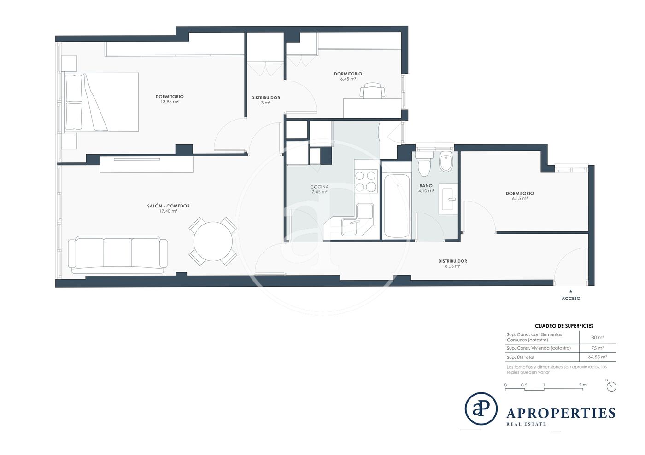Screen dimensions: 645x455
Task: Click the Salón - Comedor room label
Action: click(x=168, y=206)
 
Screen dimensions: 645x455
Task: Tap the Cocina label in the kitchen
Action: click(x=319, y=187)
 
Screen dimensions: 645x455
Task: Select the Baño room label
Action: click(x=426, y=186)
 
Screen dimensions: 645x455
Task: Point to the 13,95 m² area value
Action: click(x=170, y=102)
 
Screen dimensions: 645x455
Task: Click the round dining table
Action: click(x=213, y=242)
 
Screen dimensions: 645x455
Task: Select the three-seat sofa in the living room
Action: click(x=117, y=255)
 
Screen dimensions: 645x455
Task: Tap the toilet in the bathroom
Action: click(x=424, y=164)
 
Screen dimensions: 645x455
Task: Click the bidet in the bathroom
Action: click(x=446, y=161)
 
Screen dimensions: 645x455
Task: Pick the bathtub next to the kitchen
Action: click(x=397, y=206)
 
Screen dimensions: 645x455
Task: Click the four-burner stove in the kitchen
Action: click(x=365, y=181)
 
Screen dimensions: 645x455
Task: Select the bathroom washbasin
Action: click(x=448, y=199)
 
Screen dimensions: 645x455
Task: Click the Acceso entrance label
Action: click(x=571, y=299)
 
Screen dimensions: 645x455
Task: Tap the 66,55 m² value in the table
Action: click(x=598, y=357)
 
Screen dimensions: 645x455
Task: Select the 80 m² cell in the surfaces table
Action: click(x=598, y=337)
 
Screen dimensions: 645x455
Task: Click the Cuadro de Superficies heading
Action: click(x=564, y=326)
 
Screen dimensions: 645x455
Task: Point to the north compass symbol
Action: click(x=611, y=386)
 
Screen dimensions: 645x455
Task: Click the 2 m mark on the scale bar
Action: click(x=582, y=385)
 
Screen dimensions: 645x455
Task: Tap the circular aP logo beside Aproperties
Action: click(x=481, y=409)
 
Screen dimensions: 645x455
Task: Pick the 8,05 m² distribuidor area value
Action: click(x=452, y=266)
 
